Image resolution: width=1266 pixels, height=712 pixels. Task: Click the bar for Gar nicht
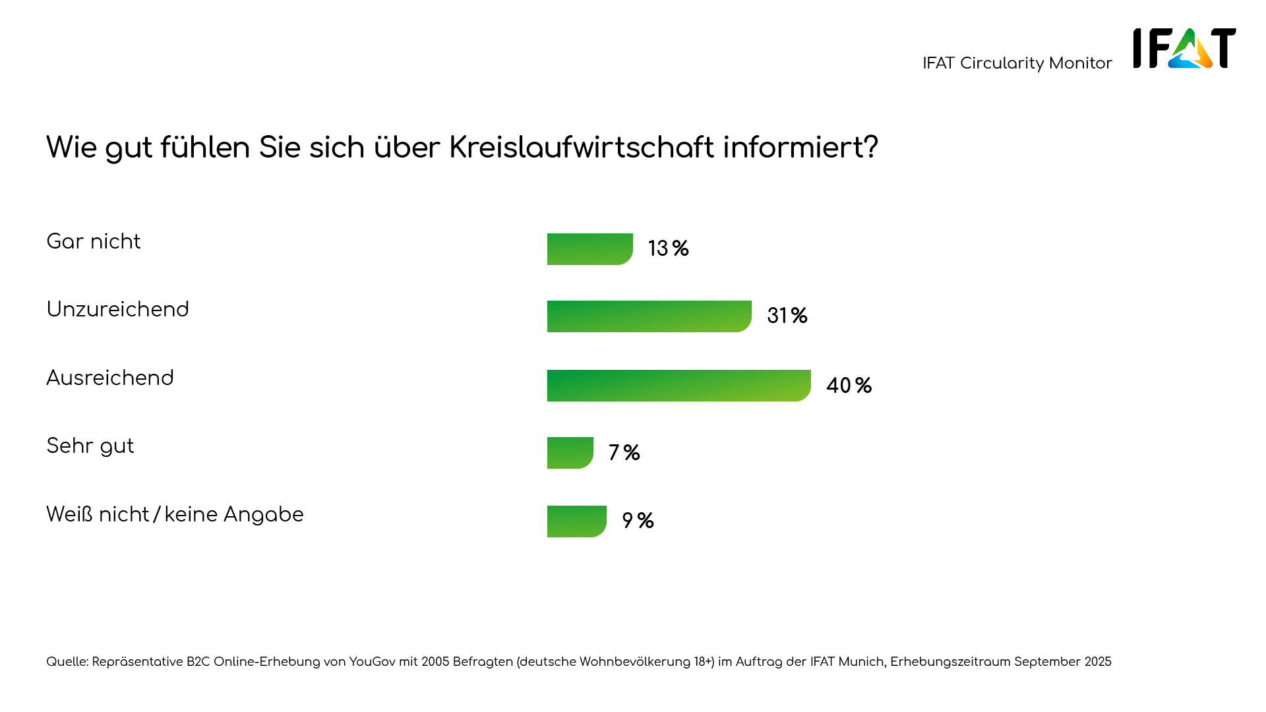589,249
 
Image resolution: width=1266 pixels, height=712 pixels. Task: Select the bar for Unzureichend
649,316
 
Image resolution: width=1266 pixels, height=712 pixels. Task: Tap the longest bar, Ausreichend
678,386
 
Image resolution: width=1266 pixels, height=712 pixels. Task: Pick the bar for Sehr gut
570,453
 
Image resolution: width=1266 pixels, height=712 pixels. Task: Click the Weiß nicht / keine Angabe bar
576,521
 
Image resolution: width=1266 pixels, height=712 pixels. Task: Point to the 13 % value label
668,249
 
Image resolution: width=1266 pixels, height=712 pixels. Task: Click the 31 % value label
787,316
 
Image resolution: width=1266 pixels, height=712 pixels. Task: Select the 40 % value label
849,386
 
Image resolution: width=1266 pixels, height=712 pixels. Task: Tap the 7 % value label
624,453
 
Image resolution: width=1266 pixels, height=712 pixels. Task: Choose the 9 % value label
638,521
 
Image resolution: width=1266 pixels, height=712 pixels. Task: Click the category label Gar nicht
94,242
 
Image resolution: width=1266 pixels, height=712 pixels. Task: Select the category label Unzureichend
117,310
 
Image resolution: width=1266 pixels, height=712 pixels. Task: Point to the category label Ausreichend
110,378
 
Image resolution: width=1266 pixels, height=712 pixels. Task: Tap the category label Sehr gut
90,446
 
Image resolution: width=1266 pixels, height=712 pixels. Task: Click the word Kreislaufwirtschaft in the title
581,147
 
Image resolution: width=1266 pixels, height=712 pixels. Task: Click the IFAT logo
1184,48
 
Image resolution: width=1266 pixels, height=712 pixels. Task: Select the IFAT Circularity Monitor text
1017,63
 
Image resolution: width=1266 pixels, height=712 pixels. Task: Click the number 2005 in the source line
435,662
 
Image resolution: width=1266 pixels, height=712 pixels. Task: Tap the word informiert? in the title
800,147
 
